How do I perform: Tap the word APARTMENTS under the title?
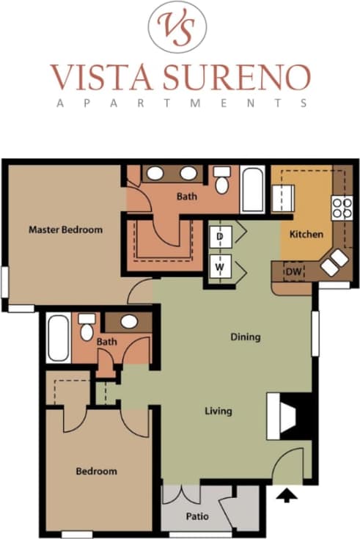[x=180, y=103]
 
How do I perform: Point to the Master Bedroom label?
[x=65, y=230]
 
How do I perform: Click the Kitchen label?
[x=306, y=235]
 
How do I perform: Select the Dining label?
[x=245, y=337]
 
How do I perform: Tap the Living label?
[x=218, y=411]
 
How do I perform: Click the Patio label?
[x=197, y=516]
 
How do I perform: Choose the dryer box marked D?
[x=219, y=237]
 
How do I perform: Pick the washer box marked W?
[x=219, y=268]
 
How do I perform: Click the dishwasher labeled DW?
[x=293, y=272]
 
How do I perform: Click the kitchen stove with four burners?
[x=341, y=208]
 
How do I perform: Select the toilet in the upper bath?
[x=222, y=181]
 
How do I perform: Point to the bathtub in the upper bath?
[x=252, y=188]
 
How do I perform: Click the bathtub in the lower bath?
[x=59, y=337]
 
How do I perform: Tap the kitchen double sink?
[x=334, y=263]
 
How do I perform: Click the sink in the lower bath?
[x=129, y=321]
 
